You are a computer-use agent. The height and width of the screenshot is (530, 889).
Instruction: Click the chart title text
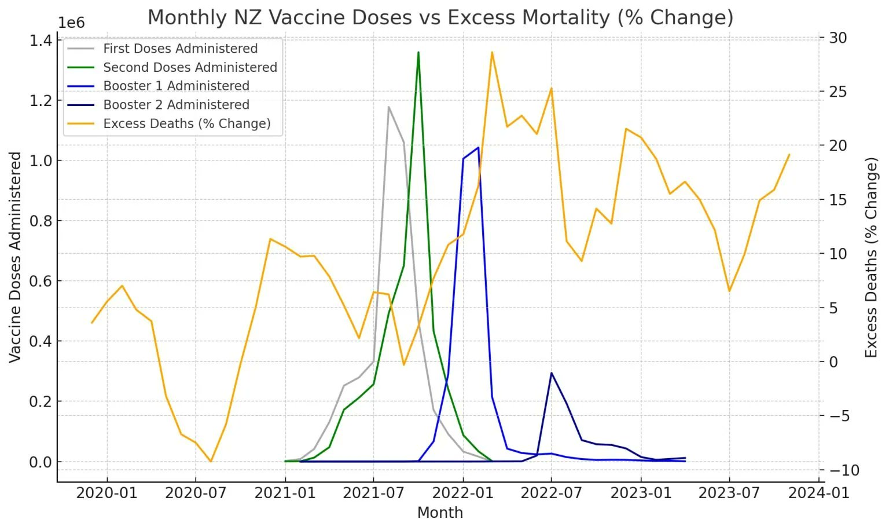click(x=440, y=17)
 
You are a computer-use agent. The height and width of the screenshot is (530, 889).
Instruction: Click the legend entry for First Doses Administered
click(x=180, y=49)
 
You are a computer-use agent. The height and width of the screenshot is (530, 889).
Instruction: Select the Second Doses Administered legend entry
click(x=190, y=67)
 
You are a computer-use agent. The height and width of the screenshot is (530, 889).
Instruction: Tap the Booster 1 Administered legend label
click(x=176, y=86)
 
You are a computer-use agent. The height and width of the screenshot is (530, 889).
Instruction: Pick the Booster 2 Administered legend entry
click(x=176, y=105)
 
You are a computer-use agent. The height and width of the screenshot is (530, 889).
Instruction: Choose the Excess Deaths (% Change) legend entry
click(x=186, y=123)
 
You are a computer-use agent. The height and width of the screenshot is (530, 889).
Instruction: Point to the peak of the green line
click(x=418, y=52)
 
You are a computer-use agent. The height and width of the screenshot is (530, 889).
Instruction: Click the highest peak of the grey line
click(x=388, y=107)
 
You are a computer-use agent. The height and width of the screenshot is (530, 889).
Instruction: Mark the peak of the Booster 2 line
click(x=552, y=372)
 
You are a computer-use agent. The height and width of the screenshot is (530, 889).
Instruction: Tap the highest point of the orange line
click(x=492, y=52)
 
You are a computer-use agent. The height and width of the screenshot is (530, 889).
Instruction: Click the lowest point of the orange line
click(x=211, y=462)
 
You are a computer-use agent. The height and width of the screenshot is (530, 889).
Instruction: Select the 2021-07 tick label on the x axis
click(x=373, y=493)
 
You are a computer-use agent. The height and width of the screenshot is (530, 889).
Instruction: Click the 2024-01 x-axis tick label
click(x=819, y=493)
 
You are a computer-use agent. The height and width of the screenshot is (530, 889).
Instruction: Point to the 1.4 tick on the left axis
click(x=40, y=40)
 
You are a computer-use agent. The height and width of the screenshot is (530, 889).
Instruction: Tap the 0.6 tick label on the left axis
click(x=40, y=281)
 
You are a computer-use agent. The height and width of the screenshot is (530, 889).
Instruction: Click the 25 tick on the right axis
click(x=837, y=92)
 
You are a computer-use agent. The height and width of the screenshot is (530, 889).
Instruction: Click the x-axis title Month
click(x=440, y=513)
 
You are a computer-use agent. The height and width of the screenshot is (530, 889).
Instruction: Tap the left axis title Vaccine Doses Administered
click(x=16, y=257)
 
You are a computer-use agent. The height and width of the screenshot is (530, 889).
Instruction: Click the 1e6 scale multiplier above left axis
click(x=71, y=23)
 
